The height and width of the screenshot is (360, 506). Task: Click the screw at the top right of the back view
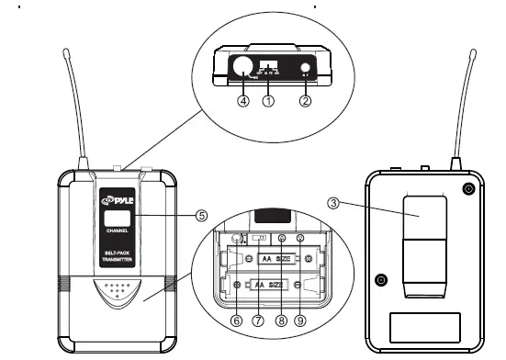coord(468,188)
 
